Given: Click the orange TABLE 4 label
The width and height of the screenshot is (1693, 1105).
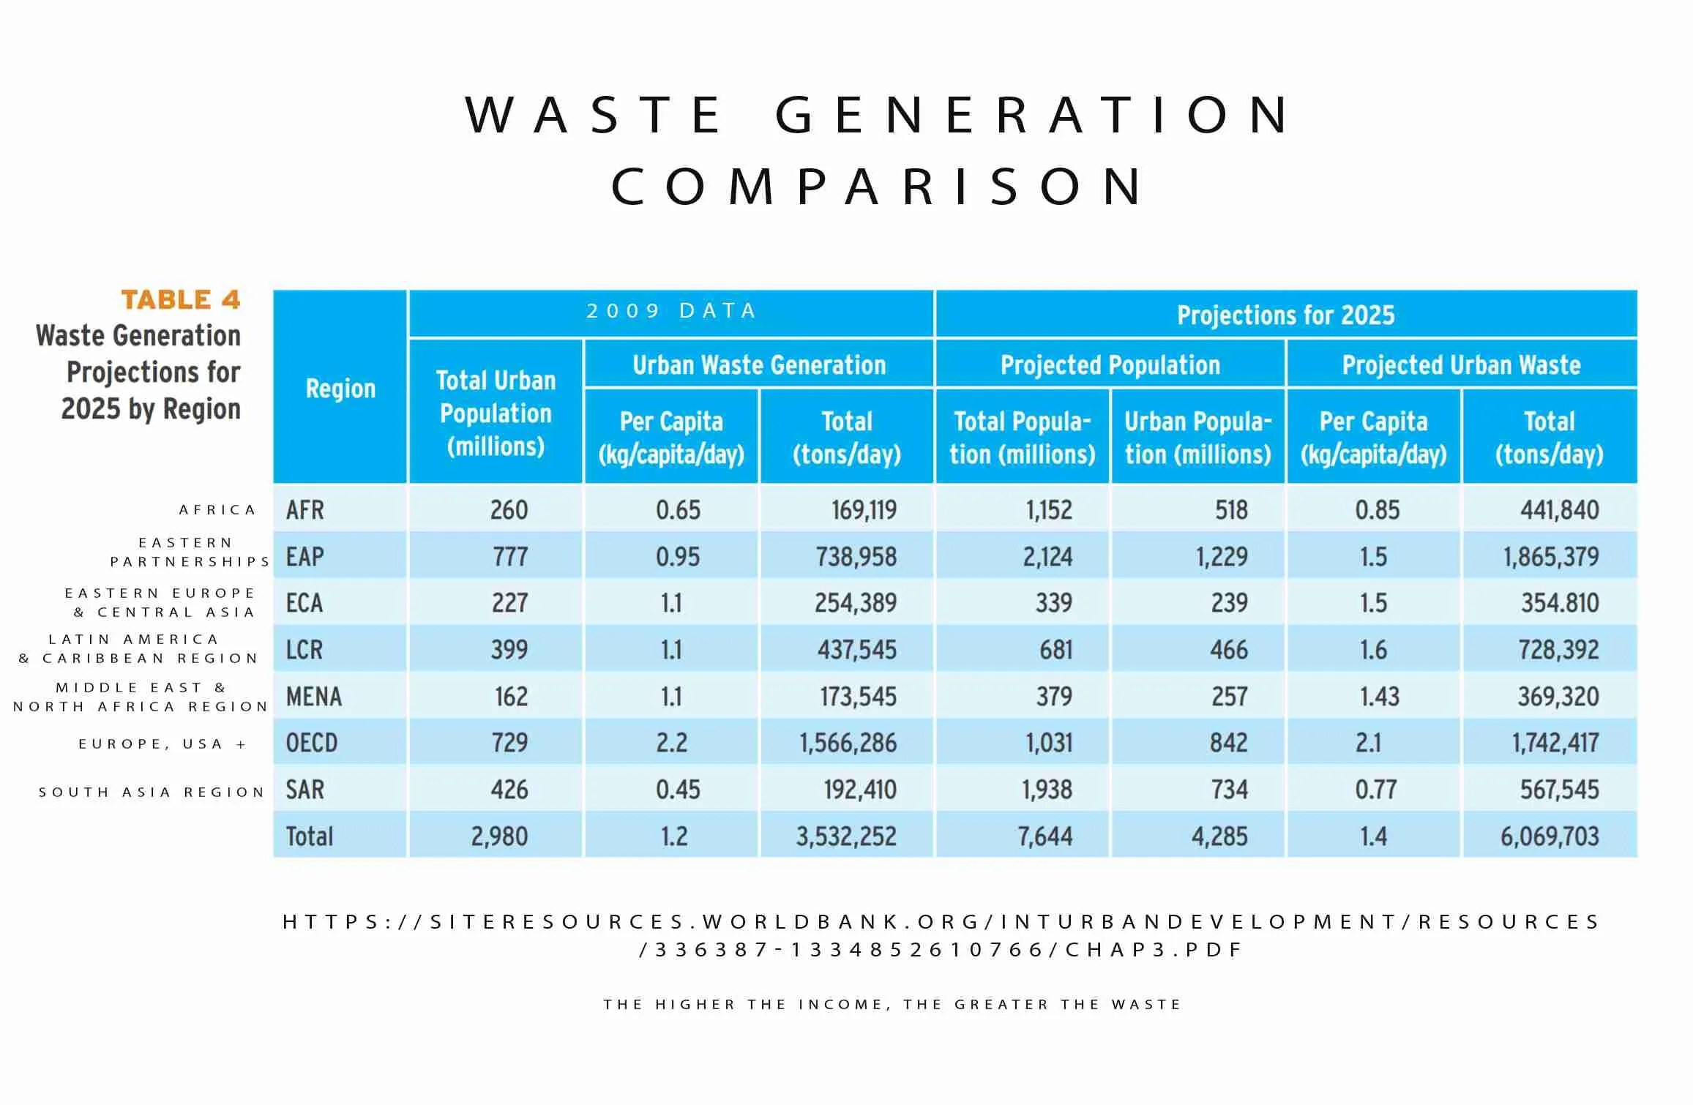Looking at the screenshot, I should click(x=180, y=299).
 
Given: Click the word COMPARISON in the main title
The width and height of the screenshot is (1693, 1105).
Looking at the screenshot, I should click(x=877, y=186).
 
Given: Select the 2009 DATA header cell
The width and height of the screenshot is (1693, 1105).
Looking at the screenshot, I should click(x=671, y=311).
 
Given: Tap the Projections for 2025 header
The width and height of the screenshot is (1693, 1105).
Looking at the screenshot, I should click(x=1285, y=315).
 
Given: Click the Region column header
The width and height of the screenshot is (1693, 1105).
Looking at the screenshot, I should click(x=340, y=389).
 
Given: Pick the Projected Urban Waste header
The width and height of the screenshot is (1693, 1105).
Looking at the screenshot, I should click(x=1461, y=365).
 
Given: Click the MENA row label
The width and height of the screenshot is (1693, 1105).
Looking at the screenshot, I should click(x=314, y=696).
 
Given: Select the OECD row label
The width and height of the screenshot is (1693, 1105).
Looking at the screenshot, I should click(x=312, y=743).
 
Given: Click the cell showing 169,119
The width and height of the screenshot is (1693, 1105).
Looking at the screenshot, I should click(x=864, y=510).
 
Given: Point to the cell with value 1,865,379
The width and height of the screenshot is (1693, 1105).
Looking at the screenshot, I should click(x=1551, y=557).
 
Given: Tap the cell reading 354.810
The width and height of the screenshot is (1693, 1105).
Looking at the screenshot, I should click(x=1560, y=603).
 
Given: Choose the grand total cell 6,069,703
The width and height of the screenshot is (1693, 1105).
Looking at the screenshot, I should click(x=1550, y=836).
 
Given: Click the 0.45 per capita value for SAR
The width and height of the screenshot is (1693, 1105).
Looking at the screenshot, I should click(x=678, y=790).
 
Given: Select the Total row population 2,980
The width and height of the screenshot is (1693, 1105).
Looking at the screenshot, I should click(x=499, y=836).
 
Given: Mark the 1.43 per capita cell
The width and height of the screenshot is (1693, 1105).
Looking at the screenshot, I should click(x=1379, y=696).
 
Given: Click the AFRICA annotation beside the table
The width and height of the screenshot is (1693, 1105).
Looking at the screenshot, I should click(x=217, y=509).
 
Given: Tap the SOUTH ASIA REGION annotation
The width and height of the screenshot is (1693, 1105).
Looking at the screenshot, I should click(x=152, y=792).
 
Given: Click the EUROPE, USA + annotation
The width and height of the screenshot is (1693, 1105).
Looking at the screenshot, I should click(x=162, y=744).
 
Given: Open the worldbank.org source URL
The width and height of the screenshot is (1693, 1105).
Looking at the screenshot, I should click(x=941, y=935).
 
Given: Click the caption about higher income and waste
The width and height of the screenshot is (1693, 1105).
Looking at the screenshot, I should click(x=892, y=1004).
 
